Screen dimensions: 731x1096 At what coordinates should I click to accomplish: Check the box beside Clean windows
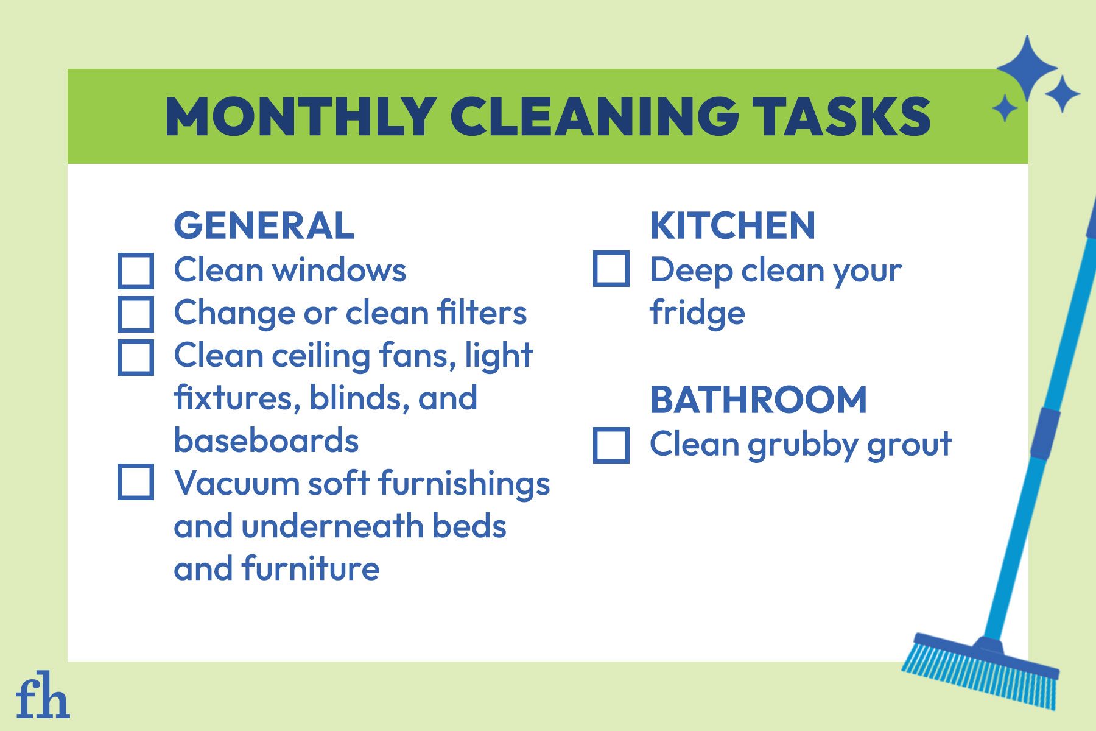point(135,270)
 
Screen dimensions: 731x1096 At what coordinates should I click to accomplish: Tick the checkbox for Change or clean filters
point(135,314)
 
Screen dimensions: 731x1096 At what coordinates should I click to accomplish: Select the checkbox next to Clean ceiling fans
point(135,357)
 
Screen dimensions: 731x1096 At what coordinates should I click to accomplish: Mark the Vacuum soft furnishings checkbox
point(135,482)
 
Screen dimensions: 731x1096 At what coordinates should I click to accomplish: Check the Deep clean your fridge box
point(611,269)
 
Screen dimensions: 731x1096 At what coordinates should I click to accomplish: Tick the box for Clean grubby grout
point(611,445)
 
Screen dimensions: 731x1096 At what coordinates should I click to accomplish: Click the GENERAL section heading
point(264,225)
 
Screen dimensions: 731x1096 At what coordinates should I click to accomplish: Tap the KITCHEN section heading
point(732,225)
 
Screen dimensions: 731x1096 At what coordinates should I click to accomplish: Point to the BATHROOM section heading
point(758,400)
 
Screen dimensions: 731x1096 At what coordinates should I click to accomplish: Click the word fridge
point(697,314)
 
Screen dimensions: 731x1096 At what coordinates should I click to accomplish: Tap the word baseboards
point(266,440)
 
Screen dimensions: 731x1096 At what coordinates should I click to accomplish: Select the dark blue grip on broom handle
point(1045,433)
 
